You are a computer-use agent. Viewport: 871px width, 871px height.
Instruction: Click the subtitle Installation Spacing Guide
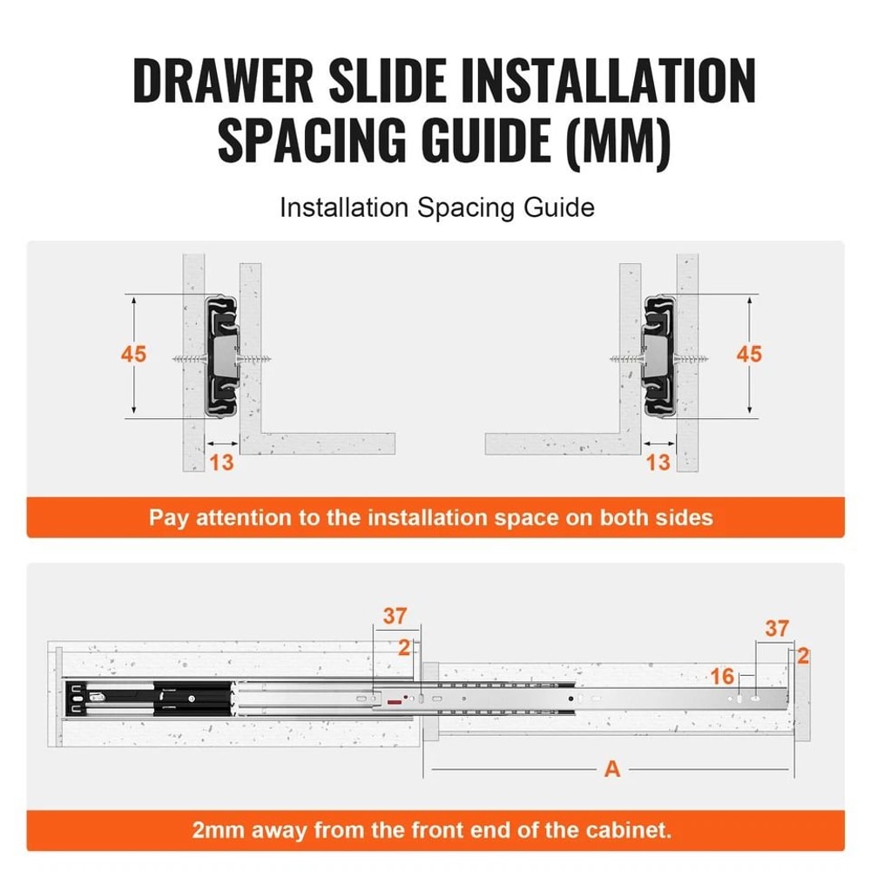[436, 208]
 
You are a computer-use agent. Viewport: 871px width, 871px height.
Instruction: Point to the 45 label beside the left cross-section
[134, 355]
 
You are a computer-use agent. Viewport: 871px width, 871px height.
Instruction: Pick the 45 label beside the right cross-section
[748, 354]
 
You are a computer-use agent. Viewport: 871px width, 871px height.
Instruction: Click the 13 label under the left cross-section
[222, 463]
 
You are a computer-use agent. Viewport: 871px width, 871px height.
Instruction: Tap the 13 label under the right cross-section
[658, 463]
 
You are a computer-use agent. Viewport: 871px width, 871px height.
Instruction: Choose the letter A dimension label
[612, 769]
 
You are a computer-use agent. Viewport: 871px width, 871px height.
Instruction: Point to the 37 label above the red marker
[395, 617]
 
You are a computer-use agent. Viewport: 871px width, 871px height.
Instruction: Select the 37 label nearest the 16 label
[777, 628]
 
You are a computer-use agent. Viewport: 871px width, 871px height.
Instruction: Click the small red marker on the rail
[395, 699]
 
